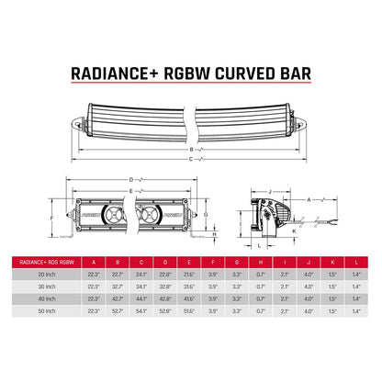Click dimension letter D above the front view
pyautogui.click(x=132, y=178)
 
